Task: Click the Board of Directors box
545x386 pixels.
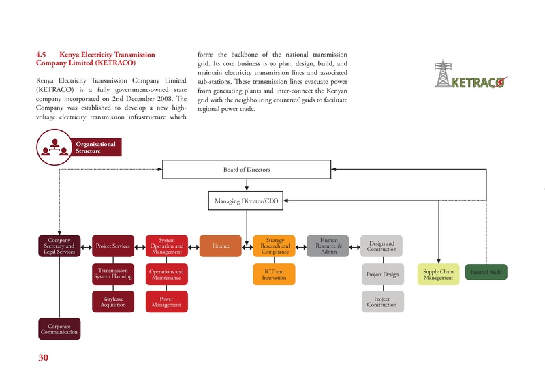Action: (x=247, y=168)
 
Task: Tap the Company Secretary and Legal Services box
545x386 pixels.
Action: (x=59, y=246)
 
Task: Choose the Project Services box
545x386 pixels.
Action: (x=112, y=246)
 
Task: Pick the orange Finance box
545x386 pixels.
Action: (x=220, y=246)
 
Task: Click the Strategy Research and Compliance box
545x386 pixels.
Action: (x=274, y=246)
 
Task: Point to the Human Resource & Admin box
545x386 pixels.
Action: (x=328, y=246)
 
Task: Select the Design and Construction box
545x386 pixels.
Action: (x=381, y=246)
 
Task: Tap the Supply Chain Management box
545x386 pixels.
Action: (x=437, y=274)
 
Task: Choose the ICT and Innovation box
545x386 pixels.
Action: (x=274, y=274)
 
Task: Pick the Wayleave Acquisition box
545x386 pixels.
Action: (x=112, y=302)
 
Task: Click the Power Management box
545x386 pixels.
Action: (x=166, y=302)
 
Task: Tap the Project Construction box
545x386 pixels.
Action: (x=381, y=302)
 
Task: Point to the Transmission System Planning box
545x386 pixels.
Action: (x=112, y=274)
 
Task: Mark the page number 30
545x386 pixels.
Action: (x=43, y=358)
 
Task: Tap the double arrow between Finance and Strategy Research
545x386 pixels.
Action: (x=247, y=246)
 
